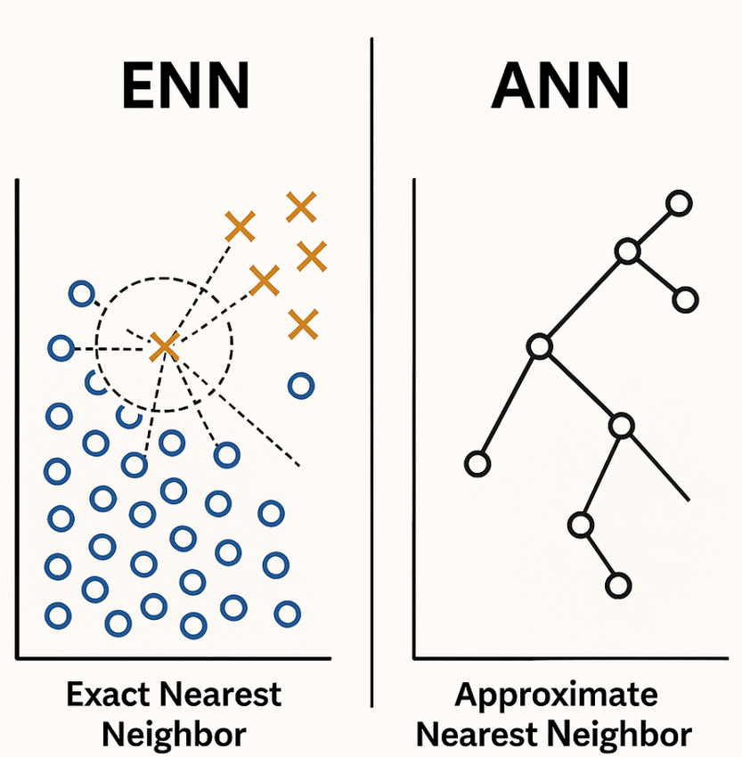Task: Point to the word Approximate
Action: point(556,695)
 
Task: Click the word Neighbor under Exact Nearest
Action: point(174,736)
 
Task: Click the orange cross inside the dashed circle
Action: point(164,346)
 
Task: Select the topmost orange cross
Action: point(301,208)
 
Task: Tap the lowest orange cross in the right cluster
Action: point(303,324)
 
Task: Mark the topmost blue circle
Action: point(82,293)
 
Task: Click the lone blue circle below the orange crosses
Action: point(301,386)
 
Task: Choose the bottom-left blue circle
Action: point(58,615)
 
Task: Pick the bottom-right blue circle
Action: point(287,613)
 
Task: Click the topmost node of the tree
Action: point(680,204)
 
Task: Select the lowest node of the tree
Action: point(617,585)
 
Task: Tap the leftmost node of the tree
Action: point(478,463)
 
